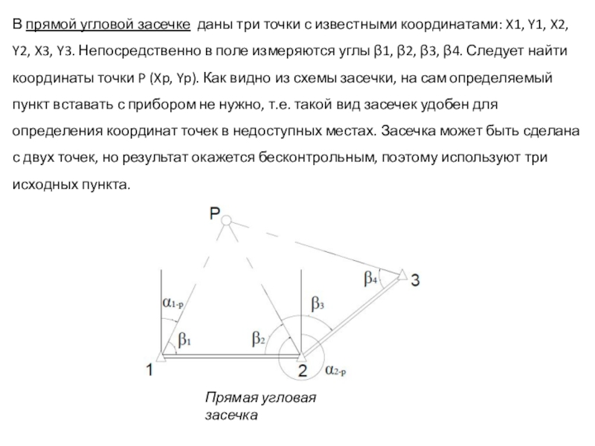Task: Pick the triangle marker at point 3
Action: click(x=402, y=277)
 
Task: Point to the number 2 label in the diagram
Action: click(x=303, y=370)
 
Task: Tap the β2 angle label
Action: click(x=258, y=339)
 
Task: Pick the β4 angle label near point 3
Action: click(x=371, y=279)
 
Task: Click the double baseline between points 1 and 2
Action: click(x=231, y=357)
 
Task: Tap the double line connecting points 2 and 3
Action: click(x=350, y=317)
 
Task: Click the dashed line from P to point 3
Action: click(x=312, y=248)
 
